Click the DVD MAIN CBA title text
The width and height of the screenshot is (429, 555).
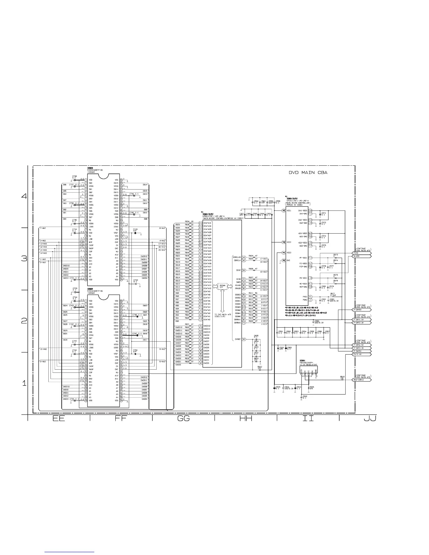coord(308,172)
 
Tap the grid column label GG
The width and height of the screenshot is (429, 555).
coord(183,418)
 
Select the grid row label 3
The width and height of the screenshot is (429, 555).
coord(24,259)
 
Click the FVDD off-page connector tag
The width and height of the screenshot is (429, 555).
coord(361,253)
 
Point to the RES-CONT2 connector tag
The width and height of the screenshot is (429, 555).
coord(361,380)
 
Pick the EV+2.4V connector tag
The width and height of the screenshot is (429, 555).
coord(361,354)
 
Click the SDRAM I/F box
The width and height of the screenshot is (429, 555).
coord(222,286)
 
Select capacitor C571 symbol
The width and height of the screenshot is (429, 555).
coord(320,214)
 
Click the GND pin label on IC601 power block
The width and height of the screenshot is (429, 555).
coord(288,260)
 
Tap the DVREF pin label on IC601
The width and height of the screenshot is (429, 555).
coord(237,339)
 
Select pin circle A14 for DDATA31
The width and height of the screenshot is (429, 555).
coord(200,223)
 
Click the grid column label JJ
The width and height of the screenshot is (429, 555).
coord(369,418)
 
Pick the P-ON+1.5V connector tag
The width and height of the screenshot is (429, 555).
coord(361,320)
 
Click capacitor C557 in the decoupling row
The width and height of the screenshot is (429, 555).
coord(327,333)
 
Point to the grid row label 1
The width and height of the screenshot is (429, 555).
coord(24,383)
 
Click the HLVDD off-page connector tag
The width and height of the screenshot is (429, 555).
coord(361,256)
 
